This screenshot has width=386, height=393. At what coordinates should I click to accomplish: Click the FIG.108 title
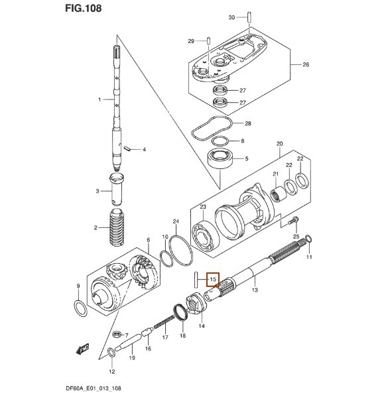tap(84, 8)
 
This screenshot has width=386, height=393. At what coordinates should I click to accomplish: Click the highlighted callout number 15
tap(213, 279)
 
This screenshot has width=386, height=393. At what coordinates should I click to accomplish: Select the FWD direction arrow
tap(82, 349)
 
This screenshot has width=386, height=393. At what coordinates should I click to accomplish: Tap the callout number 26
tap(306, 64)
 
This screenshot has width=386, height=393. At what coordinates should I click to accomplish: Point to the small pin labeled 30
tap(249, 17)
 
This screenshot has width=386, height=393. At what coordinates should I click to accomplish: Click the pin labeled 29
tap(209, 40)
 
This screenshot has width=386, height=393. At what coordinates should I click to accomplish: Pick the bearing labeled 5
tap(220, 159)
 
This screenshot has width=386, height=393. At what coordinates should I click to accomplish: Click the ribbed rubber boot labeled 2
tap(117, 227)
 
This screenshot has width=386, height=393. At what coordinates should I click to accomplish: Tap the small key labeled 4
tap(127, 148)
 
